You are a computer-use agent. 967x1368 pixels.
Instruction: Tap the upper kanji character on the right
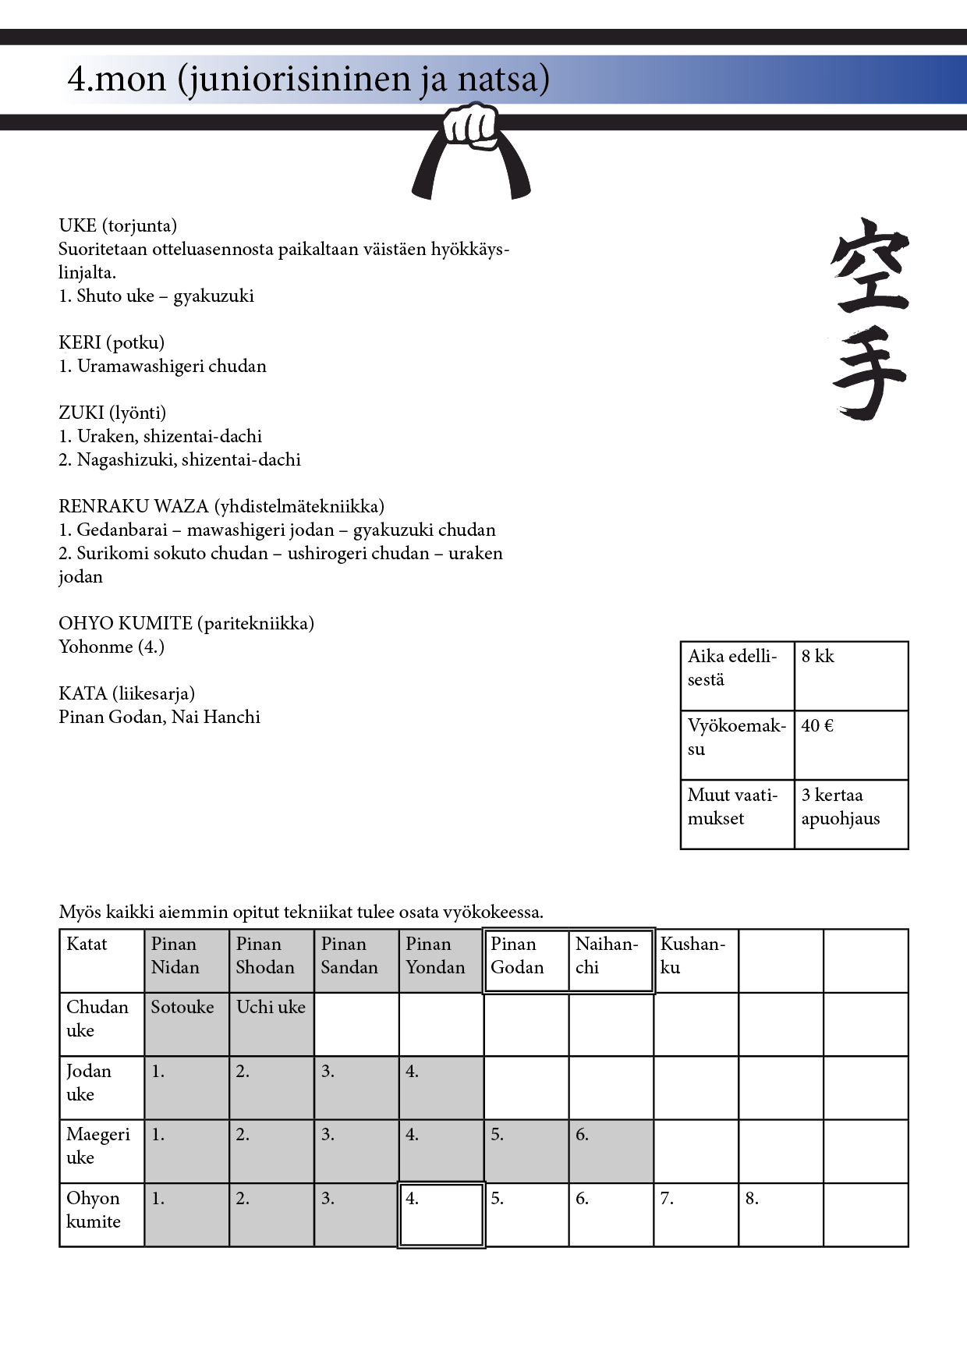[x=870, y=265]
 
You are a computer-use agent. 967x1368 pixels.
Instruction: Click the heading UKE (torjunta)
[x=118, y=225]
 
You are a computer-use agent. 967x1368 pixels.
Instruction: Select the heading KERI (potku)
[x=112, y=342]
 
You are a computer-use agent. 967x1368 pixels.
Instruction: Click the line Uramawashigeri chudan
[x=171, y=366]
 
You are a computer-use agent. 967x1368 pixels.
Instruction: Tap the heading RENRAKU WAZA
[x=221, y=506]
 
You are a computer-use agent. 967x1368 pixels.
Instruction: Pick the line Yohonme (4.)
[x=112, y=647]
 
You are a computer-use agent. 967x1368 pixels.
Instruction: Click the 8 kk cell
[x=851, y=675]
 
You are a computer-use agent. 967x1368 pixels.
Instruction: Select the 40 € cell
[x=851, y=745]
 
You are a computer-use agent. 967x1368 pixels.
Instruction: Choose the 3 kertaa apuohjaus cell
[x=851, y=813]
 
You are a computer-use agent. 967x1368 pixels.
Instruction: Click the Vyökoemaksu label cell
[x=737, y=745]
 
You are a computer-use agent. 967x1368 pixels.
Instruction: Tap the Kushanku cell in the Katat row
[x=696, y=960]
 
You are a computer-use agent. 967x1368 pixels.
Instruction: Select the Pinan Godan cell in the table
[x=526, y=960]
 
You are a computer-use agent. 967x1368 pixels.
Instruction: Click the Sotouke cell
[x=186, y=1023]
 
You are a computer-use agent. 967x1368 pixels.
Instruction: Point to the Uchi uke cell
[x=271, y=1023]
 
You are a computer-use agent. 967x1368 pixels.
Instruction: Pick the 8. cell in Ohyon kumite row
[x=781, y=1214]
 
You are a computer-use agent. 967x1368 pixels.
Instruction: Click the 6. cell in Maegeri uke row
[x=611, y=1150]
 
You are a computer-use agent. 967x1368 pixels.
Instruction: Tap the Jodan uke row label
[x=101, y=1087]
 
